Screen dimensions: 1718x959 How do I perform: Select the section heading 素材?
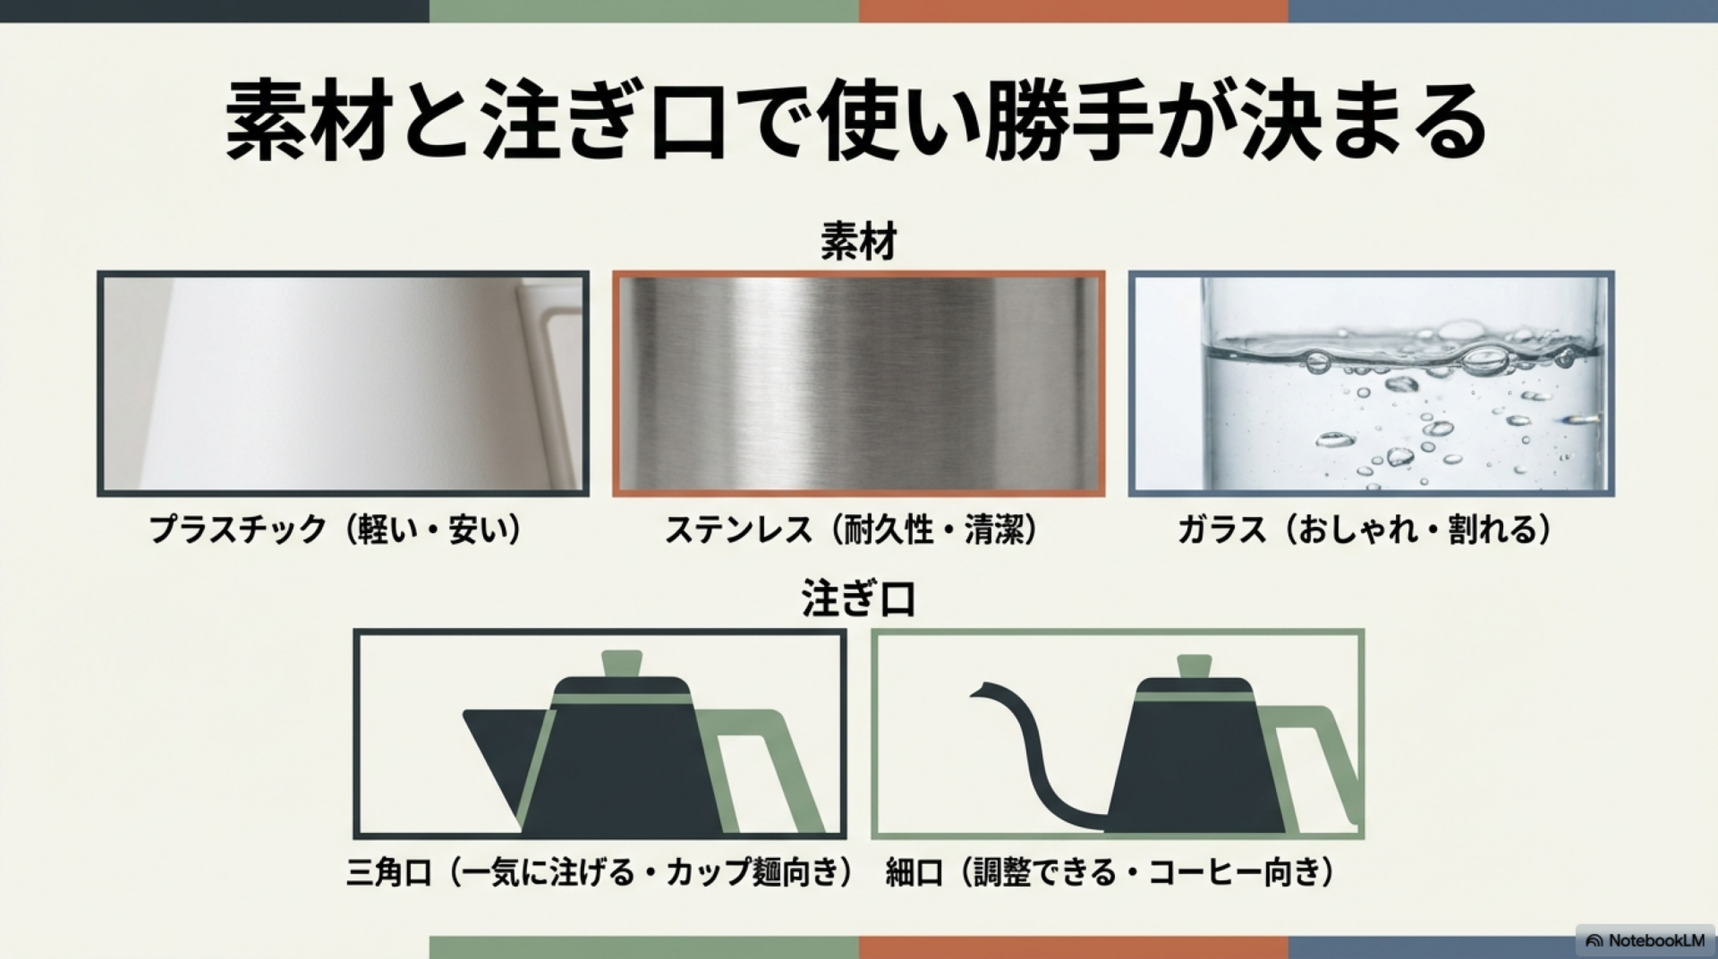[858, 242]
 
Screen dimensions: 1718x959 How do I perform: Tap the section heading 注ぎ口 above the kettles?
[858, 598]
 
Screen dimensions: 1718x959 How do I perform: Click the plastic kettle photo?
[343, 384]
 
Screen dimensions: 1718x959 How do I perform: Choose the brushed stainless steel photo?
[858, 384]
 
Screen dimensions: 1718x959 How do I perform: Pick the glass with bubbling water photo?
[1371, 384]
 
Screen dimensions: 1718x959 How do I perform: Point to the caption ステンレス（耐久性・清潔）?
[851, 530]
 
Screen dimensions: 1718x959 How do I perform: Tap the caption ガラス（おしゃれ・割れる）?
[1365, 530]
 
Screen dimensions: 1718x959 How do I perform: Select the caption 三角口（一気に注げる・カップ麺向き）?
[600, 871]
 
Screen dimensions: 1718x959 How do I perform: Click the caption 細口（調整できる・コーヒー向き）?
[1110, 871]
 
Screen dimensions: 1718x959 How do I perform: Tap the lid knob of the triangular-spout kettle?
[623, 663]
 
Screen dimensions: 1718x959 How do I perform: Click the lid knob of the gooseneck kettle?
[1194, 666]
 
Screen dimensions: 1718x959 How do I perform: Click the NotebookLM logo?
[1646, 940]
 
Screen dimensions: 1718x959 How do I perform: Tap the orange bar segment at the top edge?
[1074, 11]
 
